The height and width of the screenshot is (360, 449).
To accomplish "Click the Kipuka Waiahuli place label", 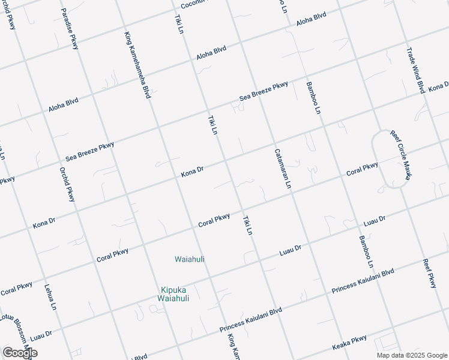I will click(173, 293).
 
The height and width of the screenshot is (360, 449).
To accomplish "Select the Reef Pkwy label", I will click(429, 274).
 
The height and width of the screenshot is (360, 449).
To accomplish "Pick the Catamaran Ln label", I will click(282, 169).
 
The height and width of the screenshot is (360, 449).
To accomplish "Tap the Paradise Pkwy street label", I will click(70, 29).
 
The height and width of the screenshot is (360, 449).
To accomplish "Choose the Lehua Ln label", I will click(50, 298).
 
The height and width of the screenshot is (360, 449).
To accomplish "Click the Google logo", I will click(20, 353).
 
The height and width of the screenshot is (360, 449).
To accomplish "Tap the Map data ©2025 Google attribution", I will click(412, 355).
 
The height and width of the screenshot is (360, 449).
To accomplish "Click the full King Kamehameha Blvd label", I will click(137, 65).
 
